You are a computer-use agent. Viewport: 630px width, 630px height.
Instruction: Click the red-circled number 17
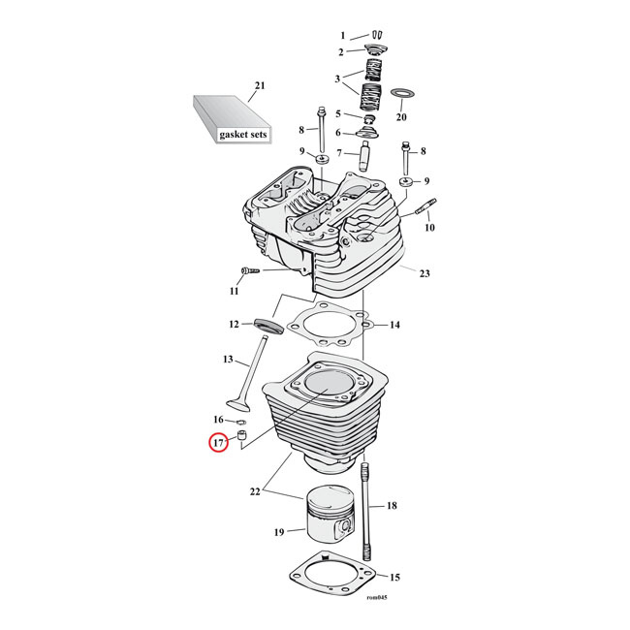[x=219, y=444]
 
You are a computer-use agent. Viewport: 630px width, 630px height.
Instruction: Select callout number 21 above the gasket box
[x=259, y=87]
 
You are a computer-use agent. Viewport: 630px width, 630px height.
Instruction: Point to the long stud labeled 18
[x=367, y=504]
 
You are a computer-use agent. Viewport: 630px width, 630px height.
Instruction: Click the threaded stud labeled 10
[x=427, y=207]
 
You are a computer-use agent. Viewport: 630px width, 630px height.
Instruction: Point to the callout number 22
[x=254, y=493]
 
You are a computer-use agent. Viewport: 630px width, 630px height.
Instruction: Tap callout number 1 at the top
[x=342, y=36]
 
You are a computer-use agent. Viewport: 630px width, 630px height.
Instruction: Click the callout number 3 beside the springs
[x=338, y=79]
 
